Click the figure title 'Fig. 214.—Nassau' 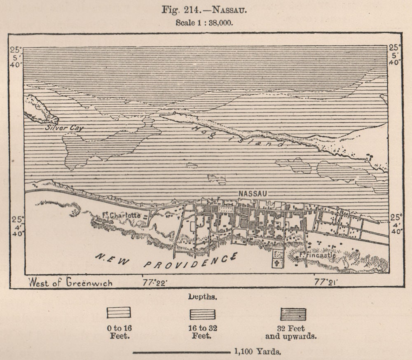[x=204, y=10]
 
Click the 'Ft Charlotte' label [x=121, y=215]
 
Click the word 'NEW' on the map [x=112, y=259]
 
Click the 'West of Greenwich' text [x=70, y=283]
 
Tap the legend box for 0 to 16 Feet [x=119, y=313]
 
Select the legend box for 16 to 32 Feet [x=202, y=314]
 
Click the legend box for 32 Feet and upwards [x=293, y=314]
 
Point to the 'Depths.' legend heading [x=202, y=297]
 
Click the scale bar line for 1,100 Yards [x=181, y=352]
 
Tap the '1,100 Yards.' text [x=257, y=352]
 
